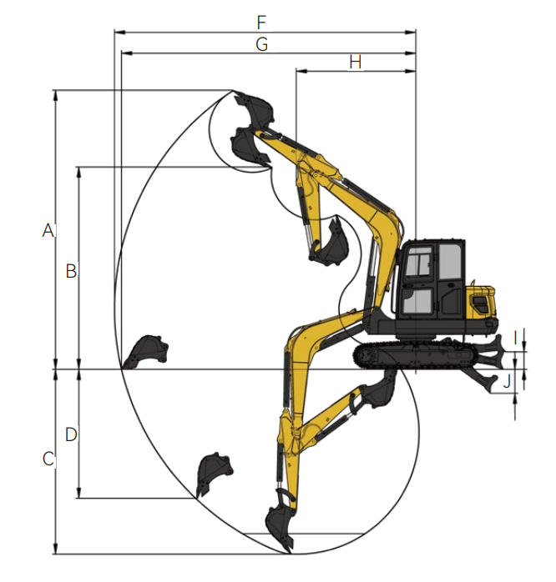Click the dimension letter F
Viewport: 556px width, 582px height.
coord(261,23)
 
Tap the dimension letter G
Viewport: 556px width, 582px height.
coord(261,44)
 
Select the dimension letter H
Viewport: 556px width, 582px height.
coord(356,62)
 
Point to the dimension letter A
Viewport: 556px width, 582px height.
coord(48,230)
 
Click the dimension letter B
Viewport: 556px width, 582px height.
coord(71,271)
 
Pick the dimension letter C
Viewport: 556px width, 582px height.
coord(48,459)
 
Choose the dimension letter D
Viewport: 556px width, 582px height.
coord(71,434)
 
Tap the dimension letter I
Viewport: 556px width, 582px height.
coord(515,339)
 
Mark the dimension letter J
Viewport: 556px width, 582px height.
coord(507,382)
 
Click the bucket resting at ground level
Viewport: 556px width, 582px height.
coord(147,352)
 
